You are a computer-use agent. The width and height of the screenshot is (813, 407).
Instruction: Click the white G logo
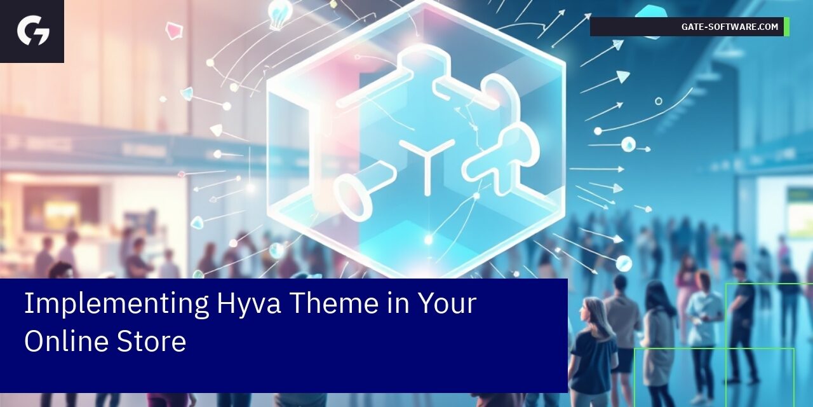tap(33, 31)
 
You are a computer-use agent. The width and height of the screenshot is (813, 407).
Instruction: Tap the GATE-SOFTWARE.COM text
tap(729, 27)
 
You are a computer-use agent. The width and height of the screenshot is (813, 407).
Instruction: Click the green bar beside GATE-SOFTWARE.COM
tap(786, 27)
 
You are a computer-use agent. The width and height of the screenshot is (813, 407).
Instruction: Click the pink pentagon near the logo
tap(173, 30)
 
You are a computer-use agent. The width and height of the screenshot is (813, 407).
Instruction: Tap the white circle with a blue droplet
tap(628, 144)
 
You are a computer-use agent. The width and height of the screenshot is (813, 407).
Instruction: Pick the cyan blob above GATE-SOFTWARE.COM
tap(650, 11)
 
